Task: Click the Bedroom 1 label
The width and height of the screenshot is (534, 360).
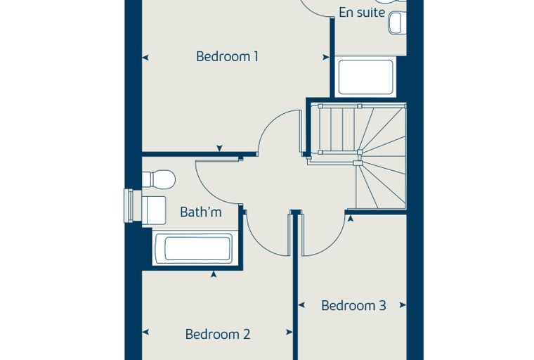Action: [x=227, y=56]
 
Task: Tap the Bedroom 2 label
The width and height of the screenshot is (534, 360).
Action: [x=218, y=334]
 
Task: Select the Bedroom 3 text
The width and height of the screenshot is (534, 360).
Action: [x=353, y=305]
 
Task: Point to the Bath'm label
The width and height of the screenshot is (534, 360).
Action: [x=201, y=212]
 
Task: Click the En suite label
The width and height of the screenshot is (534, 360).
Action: [x=362, y=13]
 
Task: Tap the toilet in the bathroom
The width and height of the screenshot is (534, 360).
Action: [x=158, y=179]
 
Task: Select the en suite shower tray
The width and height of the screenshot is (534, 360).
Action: [x=366, y=77]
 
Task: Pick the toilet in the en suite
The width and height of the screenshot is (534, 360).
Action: [x=398, y=22]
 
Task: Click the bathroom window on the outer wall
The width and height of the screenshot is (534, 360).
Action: [x=129, y=205]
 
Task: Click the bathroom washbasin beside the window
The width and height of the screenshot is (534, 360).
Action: [x=154, y=210]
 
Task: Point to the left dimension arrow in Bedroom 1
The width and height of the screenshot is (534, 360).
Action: [x=145, y=58]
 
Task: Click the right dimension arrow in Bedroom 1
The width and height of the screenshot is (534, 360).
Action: [x=326, y=57]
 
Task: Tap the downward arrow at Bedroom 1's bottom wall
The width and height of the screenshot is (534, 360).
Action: [x=220, y=148]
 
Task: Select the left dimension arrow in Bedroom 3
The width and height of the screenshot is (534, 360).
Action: [x=301, y=304]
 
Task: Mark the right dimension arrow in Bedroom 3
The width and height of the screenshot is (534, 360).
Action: [x=403, y=304]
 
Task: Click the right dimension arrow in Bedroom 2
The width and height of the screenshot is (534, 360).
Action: [x=289, y=332]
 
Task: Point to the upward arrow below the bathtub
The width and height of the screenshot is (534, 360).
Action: [x=214, y=274]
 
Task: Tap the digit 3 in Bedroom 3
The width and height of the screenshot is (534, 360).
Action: [x=382, y=305]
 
